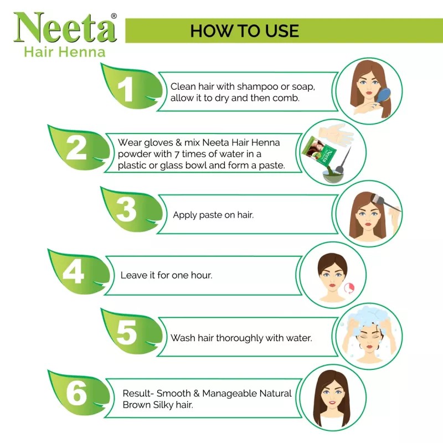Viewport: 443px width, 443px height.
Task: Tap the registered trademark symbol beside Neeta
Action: point(114,16)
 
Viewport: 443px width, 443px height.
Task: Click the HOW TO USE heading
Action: point(244,30)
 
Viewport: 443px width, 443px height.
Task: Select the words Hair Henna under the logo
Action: point(64,53)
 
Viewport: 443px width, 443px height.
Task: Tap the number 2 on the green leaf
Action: point(76,148)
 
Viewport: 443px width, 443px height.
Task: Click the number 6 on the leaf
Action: point(76,394)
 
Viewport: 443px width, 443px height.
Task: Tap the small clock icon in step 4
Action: point(349,287)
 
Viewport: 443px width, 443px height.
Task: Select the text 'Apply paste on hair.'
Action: point(213,215)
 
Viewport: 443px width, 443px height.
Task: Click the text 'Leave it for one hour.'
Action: point(166,275)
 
